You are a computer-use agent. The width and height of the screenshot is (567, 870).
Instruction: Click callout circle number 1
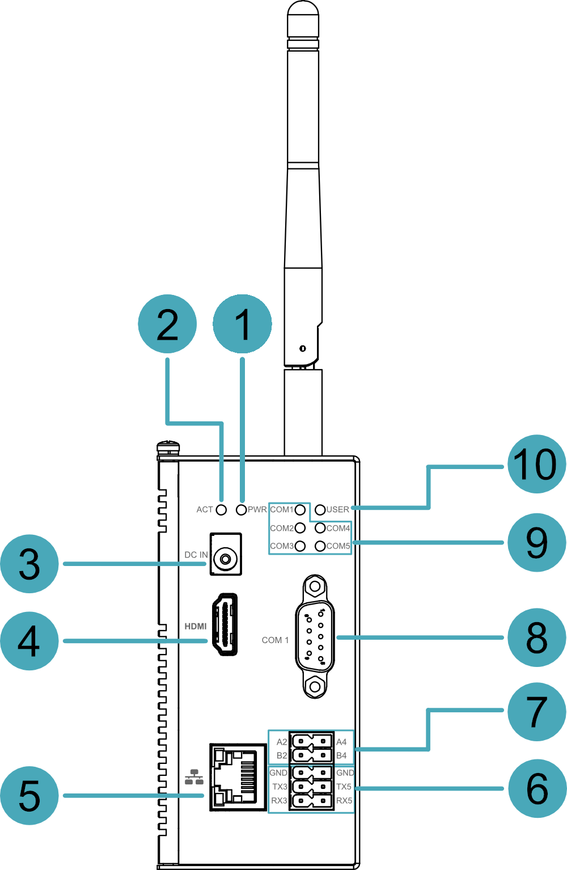(x=242, y=323)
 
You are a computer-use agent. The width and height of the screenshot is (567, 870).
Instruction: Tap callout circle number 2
(x=167, y=323)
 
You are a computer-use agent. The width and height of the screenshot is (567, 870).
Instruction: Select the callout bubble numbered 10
(x=537, y=464)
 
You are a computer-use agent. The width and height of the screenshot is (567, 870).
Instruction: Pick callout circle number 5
(x=29, y=796)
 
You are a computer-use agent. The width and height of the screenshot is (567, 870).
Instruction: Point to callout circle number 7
(x=537, y=712)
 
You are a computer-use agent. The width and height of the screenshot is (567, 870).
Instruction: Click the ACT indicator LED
(x=221, y=509)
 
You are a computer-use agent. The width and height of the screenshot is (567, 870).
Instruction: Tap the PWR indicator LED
(x=241, y=509)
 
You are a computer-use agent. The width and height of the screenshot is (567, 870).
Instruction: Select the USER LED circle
(x=320, y=509)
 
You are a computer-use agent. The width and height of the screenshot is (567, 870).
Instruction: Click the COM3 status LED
(x=300, y=546)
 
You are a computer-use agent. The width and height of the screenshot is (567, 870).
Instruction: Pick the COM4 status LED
(x=320, y=528)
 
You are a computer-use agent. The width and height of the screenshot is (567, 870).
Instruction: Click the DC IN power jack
(x=226, y=554)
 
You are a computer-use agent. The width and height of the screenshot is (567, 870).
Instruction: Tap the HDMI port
(x=225, y=624)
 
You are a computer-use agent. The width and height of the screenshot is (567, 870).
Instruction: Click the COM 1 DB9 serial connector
(x=315, y=636)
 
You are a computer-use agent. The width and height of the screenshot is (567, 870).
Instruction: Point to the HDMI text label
(x=196, y=627)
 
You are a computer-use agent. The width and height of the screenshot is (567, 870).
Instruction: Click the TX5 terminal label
(x=344, y=787)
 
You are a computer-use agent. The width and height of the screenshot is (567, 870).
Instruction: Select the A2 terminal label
(x=282, y=742)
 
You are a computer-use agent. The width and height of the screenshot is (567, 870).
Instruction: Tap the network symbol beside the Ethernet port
(x=194, y=777)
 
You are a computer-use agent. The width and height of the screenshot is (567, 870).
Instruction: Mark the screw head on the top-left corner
(x=168, y=447)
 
